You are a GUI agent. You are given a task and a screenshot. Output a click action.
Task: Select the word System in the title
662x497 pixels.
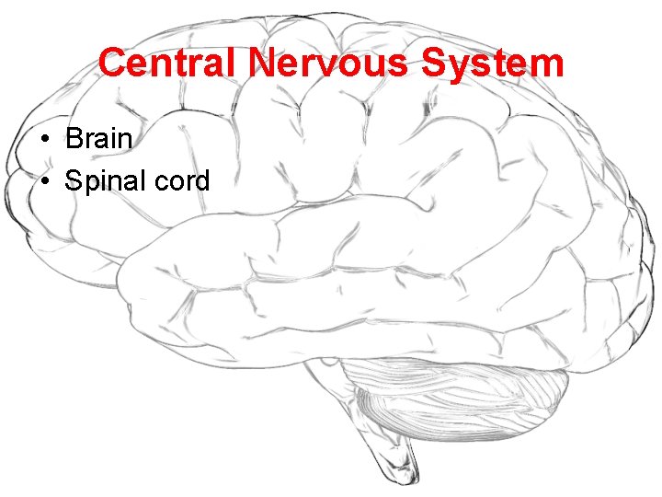click(x=493, y=64)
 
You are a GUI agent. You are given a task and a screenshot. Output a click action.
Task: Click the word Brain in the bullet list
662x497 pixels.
click(x=99, y=140)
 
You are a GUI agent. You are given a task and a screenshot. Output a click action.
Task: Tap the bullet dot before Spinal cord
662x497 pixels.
click(x=44, y=181)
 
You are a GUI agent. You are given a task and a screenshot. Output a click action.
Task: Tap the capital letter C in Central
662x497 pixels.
click(x=111, y=64)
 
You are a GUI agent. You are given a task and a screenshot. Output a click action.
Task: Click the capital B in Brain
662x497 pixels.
click(x=74, y=140)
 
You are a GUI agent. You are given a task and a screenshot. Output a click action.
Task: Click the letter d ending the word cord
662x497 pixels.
click(x=202, y=180)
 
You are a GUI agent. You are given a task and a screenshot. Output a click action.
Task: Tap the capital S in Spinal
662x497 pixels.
click(x=74, y=181)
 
